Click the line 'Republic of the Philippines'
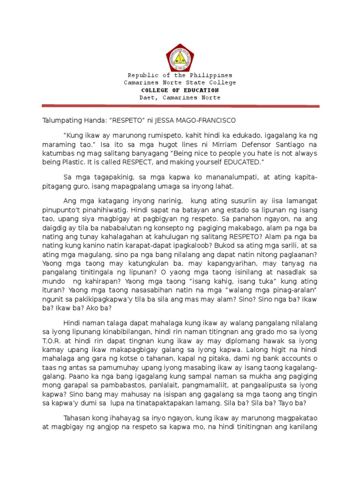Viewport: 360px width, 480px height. pos(180,75)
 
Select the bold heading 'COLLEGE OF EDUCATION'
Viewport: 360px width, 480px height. pos(180,90)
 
